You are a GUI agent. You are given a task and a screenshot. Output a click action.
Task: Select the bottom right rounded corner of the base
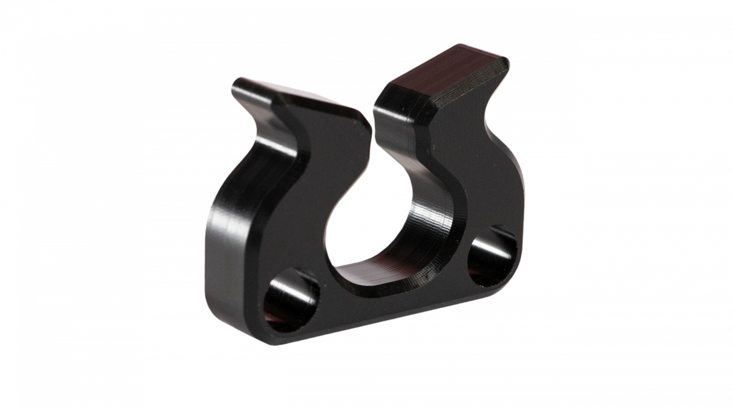pos(510,282)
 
